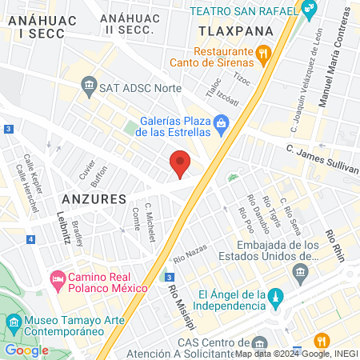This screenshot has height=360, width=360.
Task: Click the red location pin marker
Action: point(180,163)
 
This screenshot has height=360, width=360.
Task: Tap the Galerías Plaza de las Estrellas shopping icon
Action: point(221,123)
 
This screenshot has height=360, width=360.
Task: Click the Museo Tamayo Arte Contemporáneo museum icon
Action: point(14,324)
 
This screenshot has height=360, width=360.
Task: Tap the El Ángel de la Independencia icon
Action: point(274,296)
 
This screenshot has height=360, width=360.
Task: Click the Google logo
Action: point(26,349)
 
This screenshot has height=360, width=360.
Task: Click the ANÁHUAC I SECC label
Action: point(34,23)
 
